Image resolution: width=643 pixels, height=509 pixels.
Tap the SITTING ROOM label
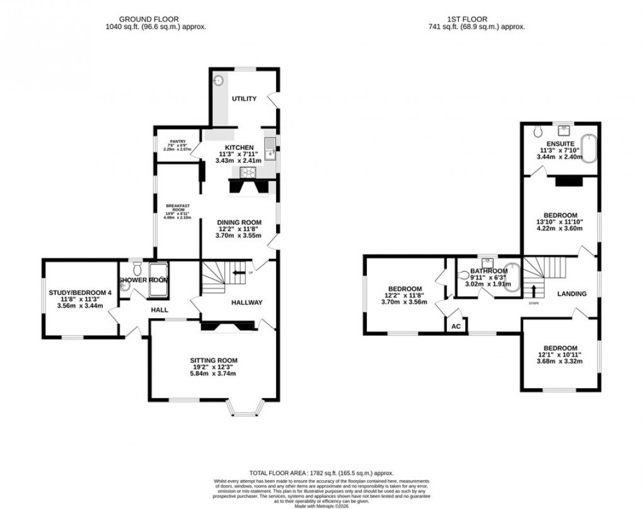(214, 360)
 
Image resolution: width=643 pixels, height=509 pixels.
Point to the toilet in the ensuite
(536, 132)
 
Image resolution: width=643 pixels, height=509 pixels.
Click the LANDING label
(572, 294)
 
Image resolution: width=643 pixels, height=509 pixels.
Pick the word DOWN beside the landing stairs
(533, 303)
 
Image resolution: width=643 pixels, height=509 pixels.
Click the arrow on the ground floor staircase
(239, 273)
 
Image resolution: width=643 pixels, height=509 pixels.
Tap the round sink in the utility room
(219, 80)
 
